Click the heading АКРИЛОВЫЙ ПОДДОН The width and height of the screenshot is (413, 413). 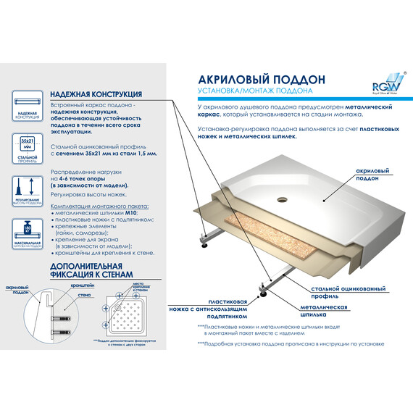251,78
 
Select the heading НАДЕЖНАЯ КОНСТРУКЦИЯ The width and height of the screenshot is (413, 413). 96,95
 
